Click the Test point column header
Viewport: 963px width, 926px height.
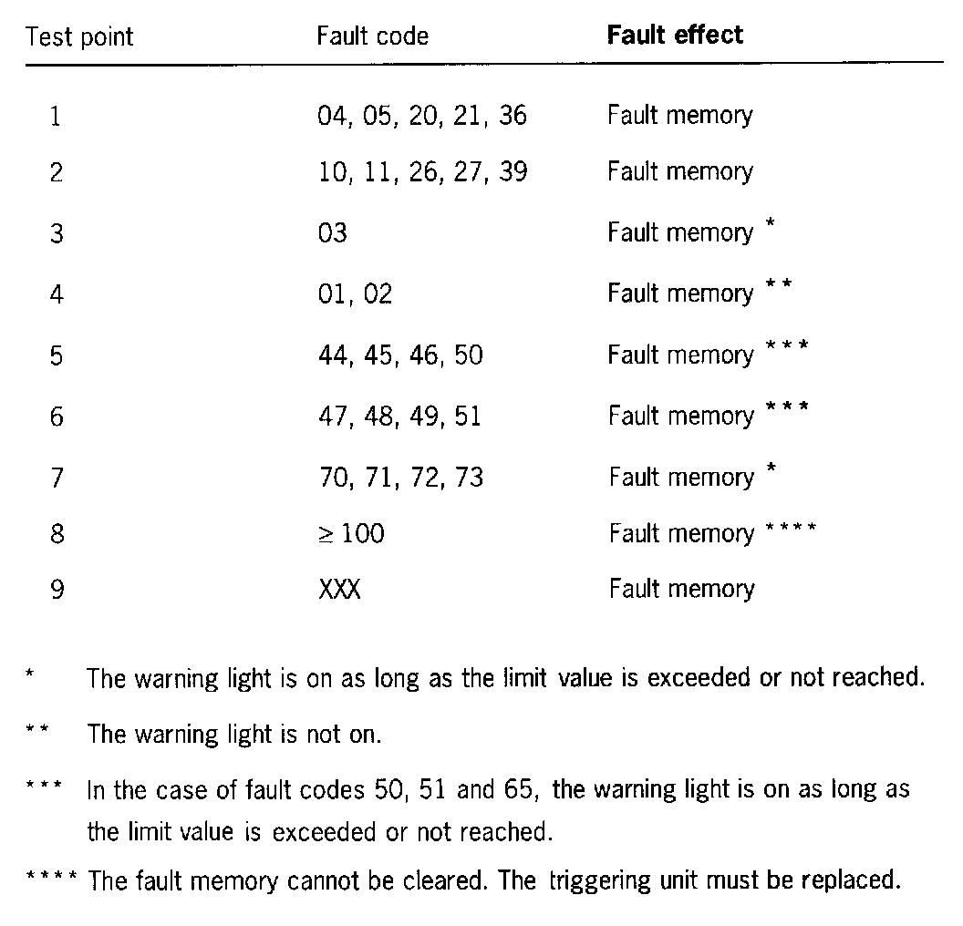[x=79, y=37]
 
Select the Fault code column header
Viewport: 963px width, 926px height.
[x=372, y=37]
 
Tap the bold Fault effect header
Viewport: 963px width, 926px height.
[x=675, y=36]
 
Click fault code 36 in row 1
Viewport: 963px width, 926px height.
[x=513, y=116]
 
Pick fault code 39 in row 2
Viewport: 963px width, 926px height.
[x=513, y=172]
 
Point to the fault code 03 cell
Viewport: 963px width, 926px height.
[x=333, y=233]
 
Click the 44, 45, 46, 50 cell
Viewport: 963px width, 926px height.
[x=399, y=355]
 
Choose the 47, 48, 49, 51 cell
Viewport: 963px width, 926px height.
[x=399, y=417]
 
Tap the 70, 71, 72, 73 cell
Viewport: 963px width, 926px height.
[x=399, y=477]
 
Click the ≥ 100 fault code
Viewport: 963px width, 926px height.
[x=351, y=533]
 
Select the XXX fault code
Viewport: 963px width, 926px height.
[x=339, y=590]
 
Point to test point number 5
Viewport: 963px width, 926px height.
[x=56, y=355]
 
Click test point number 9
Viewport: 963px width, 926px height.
[x=56, y=590]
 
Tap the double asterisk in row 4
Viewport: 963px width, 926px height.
[x=779, y=286]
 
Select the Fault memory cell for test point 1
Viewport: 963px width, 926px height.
[x=680, y=116]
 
